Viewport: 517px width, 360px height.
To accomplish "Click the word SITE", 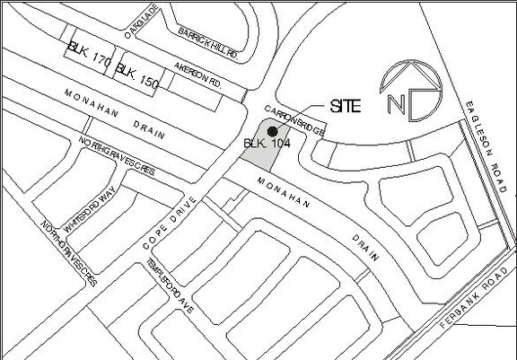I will tap(346, 106).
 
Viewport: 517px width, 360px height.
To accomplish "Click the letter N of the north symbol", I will tap(396, 103).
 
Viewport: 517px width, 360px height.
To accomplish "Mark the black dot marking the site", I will tap(272, 131).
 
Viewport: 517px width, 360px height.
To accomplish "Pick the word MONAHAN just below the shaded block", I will tap(284, 195).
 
